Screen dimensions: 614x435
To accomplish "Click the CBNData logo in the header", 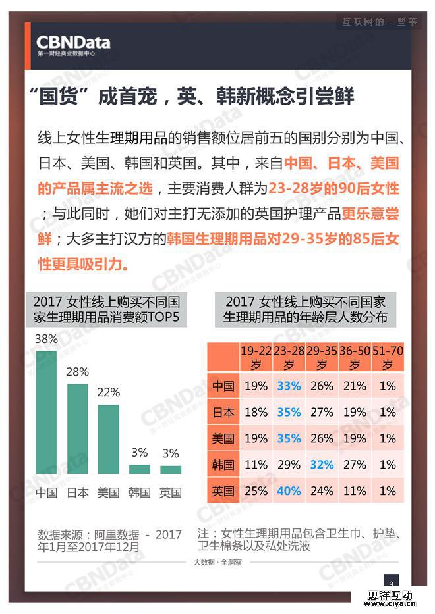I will click(73, 44).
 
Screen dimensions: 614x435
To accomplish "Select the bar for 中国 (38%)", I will click(46, 413).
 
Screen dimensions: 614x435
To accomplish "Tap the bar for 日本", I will click(77, 428).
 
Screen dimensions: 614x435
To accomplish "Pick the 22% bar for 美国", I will click(108, 439).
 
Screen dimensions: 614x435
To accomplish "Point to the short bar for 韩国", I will click(139, 469).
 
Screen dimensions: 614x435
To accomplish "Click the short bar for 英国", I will click(171, 470).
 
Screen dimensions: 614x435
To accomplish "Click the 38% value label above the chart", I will click(46, 340).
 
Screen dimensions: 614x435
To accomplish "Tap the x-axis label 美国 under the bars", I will click(108, 492).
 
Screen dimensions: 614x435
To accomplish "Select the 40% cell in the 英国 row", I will click(289, 490).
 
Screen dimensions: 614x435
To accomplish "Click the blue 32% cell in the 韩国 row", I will click(322, 464).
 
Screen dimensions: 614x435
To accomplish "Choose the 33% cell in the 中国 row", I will click(289, 386).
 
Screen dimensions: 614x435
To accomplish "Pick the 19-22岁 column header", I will click(255, 357).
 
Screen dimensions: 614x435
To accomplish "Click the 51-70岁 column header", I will click(388, 357).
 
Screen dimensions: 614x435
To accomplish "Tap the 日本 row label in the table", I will click(223, 412).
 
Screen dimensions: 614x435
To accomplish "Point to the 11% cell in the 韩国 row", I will click(255, 464).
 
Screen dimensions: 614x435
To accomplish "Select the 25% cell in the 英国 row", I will click(255, 490).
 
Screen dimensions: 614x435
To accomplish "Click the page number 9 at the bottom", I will click(391, 582).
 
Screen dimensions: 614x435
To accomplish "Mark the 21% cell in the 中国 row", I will click(355, 386).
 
